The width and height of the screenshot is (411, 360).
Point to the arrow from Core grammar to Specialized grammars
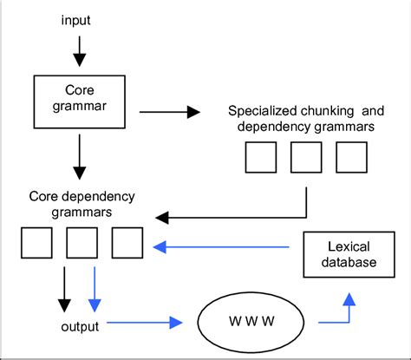168,111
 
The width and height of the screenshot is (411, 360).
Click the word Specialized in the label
259,111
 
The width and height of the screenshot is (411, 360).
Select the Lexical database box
341,253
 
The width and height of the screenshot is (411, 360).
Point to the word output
79,326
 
